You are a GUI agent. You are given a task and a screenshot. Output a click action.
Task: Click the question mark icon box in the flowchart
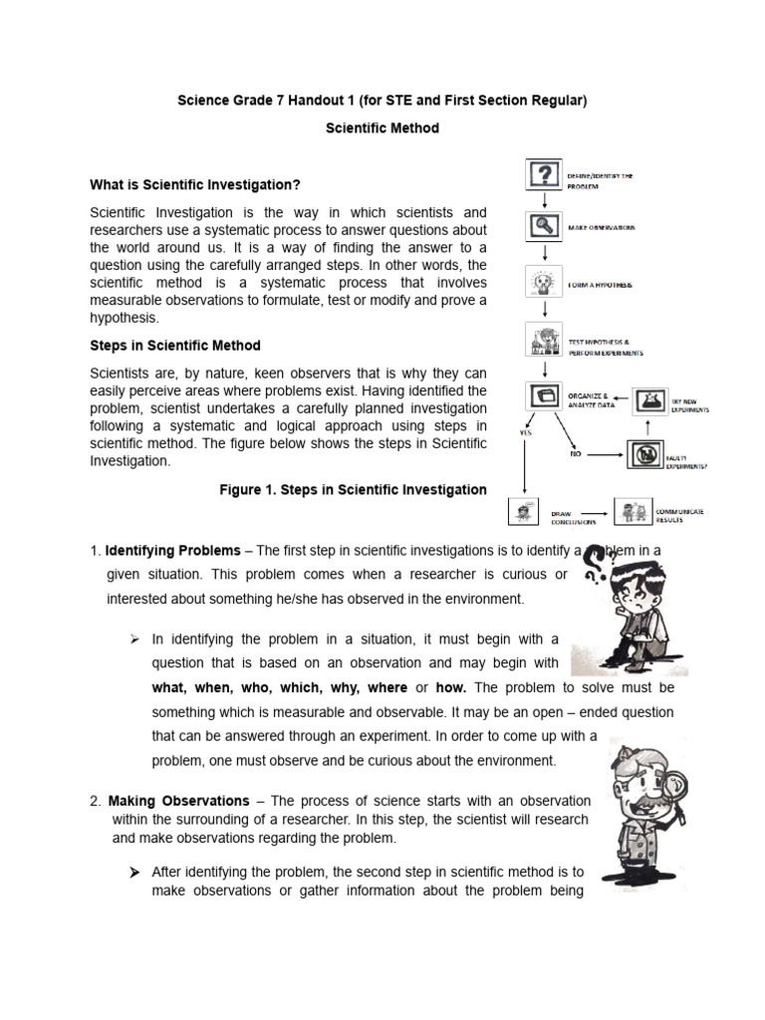[x=543, y=176]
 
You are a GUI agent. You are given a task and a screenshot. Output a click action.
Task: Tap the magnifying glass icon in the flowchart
[x=543, y=226]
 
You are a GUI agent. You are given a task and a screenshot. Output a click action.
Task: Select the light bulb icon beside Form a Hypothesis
[x=543, y=284]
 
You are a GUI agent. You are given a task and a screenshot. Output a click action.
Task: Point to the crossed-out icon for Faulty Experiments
[x=645, y=455]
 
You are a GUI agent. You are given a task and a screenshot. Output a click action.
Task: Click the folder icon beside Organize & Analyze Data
[x=544, y=396]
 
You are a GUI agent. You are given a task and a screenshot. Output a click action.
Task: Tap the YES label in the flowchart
[x=524, y=432]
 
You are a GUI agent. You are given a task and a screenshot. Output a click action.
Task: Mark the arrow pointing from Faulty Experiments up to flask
[x=647, y=427]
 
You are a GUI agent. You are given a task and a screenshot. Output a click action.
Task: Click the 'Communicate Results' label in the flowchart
[x=680, y=515]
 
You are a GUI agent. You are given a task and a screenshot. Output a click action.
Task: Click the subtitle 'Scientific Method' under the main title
[x=382, y=128]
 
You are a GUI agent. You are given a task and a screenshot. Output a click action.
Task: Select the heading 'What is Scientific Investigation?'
[x=195, y=184]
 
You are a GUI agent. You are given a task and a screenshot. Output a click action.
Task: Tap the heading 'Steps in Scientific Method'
[x=175, y=346]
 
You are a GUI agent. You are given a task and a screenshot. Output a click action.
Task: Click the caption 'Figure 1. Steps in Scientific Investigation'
[x=353, y=489]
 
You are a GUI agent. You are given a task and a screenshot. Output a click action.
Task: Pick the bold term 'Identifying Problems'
[x=173, y=550]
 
